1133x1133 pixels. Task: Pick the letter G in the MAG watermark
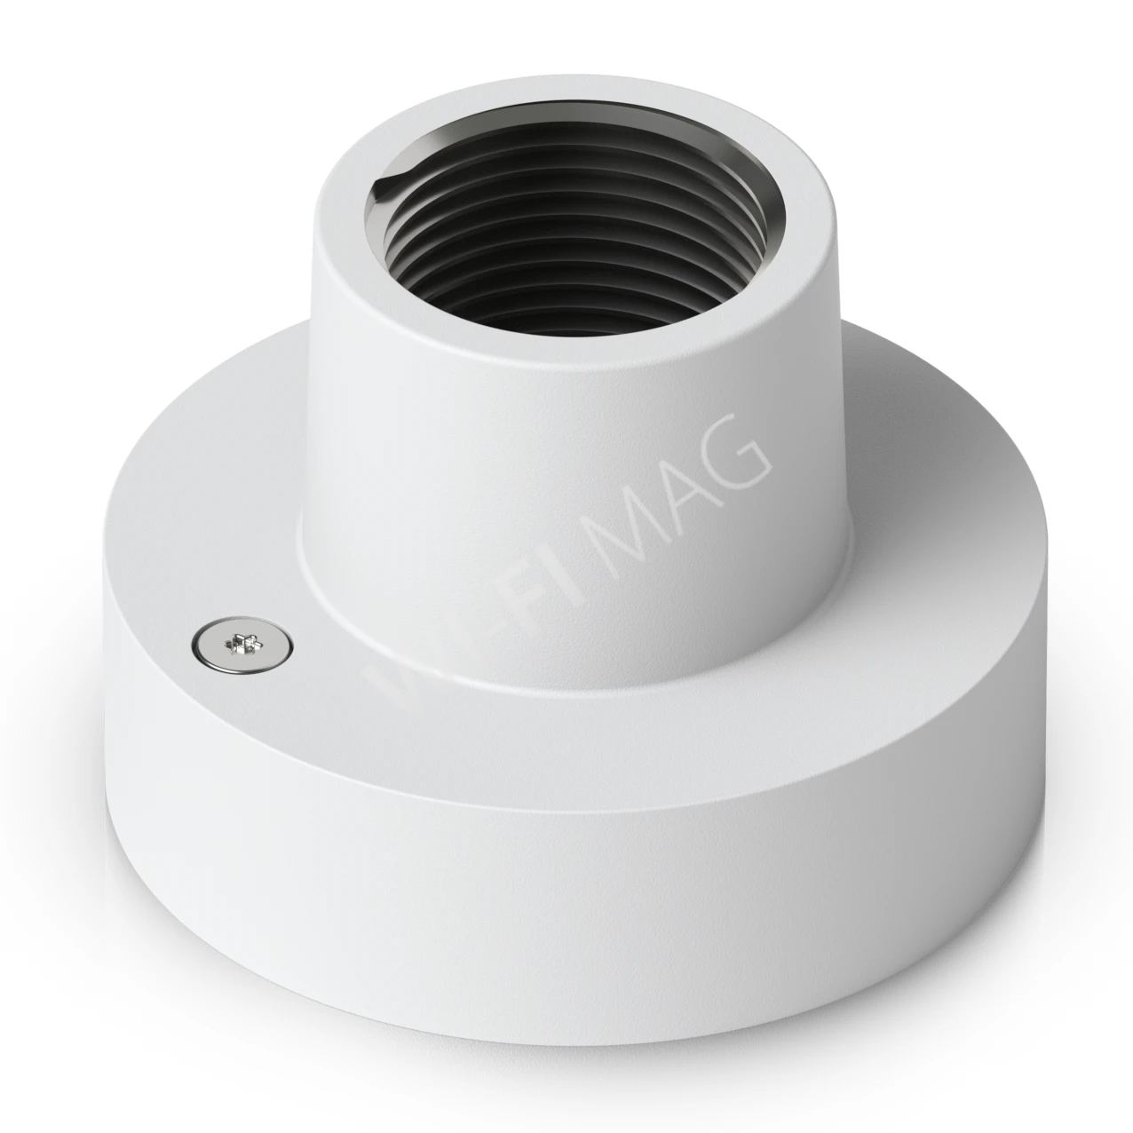(x=739, y=449)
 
